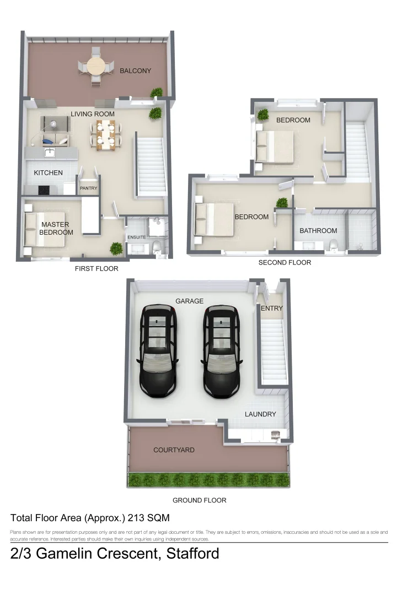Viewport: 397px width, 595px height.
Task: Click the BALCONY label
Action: click(x=135, y=71)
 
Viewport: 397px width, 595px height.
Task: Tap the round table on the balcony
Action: click(x=96, y=67)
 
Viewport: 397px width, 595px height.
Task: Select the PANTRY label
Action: click(x=88, y=188)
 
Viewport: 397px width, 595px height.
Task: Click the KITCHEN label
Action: click(x=49, y=172)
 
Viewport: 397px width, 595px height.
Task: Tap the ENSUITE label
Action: click(x=136, y=237)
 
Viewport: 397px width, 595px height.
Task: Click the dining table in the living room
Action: click(x=105, y=134)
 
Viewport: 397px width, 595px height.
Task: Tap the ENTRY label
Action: click(x=271, y=309)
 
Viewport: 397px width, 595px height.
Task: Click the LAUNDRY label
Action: click(x=260, y=414)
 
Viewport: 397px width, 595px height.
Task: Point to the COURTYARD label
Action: click(x=174, y=450)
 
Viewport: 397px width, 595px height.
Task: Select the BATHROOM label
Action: click(x=318, y=230)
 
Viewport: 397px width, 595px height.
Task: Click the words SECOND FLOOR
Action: click(x=285, y=262)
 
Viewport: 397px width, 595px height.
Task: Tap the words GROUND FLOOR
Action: click(x=199, y=500)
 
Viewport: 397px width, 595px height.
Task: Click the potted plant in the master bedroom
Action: click(x=116, y=248)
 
